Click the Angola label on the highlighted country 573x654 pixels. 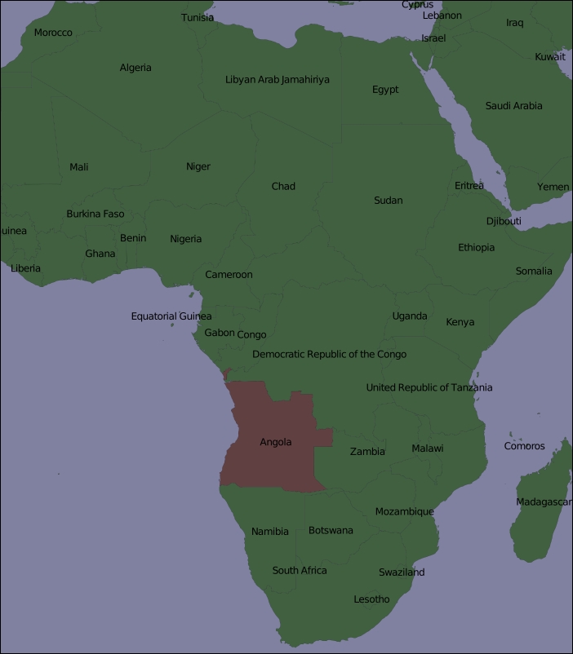click(x=275, y=442)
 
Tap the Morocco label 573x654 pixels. click(x=53, y=33)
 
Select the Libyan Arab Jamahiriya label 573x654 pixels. click(x=278, y=80)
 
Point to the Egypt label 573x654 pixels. click(x=385, y=90)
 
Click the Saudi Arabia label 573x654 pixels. click(x=513, y=106)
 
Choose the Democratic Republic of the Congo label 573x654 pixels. click(x=329, y=354)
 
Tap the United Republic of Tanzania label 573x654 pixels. click(x=429, y=387)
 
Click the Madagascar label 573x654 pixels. click(x=544, y=502)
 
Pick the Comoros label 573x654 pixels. click(x=524, y=446)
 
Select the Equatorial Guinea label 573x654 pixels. click(x=171, y=316)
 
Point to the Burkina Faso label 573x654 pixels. click(x=95, y=214)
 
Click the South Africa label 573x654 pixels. click(x=300, y=571)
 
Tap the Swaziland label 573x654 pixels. click(x=402, y=572)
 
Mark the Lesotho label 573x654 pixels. click(x=371, y=599)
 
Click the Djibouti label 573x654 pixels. click(x=504, y=221)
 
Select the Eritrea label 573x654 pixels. click(x=469, y=186)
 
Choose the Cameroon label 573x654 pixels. click(x=229, y=275)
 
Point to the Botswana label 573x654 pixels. click(x=331, y=531)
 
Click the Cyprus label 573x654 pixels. click(x=417, y=5)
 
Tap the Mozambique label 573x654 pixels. click(x=404, y=512)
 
